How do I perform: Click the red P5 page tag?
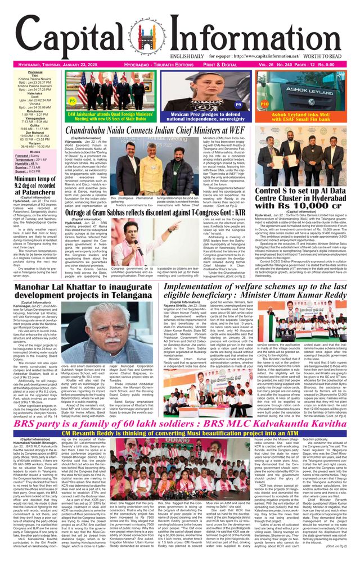72,101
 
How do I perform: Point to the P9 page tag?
238,105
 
